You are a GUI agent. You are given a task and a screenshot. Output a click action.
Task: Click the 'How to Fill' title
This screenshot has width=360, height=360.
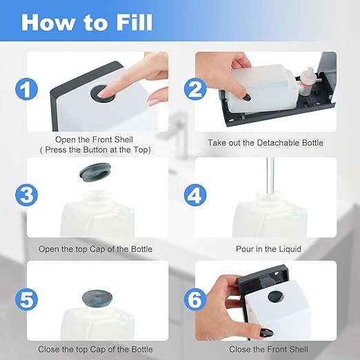(x=87, y=22)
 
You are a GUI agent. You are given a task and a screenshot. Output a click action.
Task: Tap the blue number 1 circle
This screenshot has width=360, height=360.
(x=26, y=89)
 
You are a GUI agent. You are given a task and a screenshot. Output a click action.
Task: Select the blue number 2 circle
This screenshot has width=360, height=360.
(x=195, y=89)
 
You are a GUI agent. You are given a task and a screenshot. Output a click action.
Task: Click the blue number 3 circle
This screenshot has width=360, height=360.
(x=26, y=195)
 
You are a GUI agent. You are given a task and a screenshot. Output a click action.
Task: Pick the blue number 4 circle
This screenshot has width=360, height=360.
(x=195, y=195)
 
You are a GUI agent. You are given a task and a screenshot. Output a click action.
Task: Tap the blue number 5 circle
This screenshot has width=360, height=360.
(x=26, y=299)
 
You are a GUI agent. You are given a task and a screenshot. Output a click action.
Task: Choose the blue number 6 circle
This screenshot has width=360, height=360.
(x=195, y=299)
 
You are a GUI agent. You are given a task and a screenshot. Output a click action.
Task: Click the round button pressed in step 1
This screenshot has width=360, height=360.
(x=102, y=92)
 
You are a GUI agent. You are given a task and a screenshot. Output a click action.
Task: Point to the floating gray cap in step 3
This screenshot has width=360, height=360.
(x=95, y=172)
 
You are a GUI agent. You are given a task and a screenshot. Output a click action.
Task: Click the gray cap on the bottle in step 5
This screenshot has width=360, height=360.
(x=97, y=298)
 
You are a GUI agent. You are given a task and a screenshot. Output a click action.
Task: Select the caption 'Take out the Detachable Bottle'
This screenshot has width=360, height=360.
(x=266, y=143)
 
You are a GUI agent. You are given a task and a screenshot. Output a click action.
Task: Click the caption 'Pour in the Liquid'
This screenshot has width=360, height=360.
(x=268, y=249)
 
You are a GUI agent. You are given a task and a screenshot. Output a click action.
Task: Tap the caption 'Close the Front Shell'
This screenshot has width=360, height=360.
(x=268, y=349)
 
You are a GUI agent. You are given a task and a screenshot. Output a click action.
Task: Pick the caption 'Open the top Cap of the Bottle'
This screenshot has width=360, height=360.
(x=95, y=249)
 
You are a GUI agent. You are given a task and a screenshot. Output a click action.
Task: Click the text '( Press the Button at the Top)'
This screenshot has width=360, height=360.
(x=95, y=150)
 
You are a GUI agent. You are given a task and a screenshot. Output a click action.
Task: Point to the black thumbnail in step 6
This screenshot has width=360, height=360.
(x=267, y=333)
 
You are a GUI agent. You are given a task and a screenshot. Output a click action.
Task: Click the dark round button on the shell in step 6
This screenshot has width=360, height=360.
(x=276, y=297)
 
